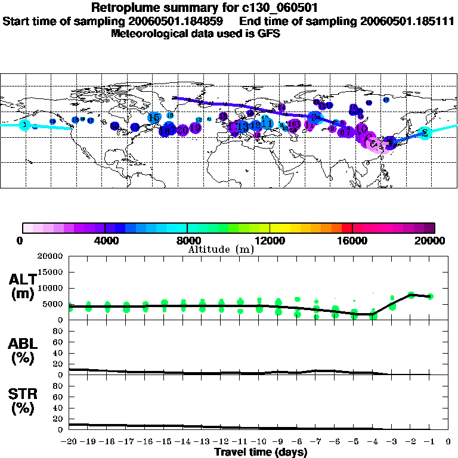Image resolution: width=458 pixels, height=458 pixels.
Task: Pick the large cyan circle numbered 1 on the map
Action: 24,125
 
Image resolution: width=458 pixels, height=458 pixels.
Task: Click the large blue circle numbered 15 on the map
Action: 154,118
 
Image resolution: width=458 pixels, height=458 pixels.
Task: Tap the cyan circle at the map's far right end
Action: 425,133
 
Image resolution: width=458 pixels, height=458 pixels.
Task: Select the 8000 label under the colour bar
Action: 187,240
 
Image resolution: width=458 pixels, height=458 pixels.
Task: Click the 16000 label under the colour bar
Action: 353,240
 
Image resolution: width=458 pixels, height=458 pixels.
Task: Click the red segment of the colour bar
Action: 346,227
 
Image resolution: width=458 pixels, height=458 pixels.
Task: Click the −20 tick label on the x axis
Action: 69,442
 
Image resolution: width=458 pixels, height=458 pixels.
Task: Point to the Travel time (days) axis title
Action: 261,452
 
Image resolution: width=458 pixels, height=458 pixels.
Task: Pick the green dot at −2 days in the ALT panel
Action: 411,295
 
